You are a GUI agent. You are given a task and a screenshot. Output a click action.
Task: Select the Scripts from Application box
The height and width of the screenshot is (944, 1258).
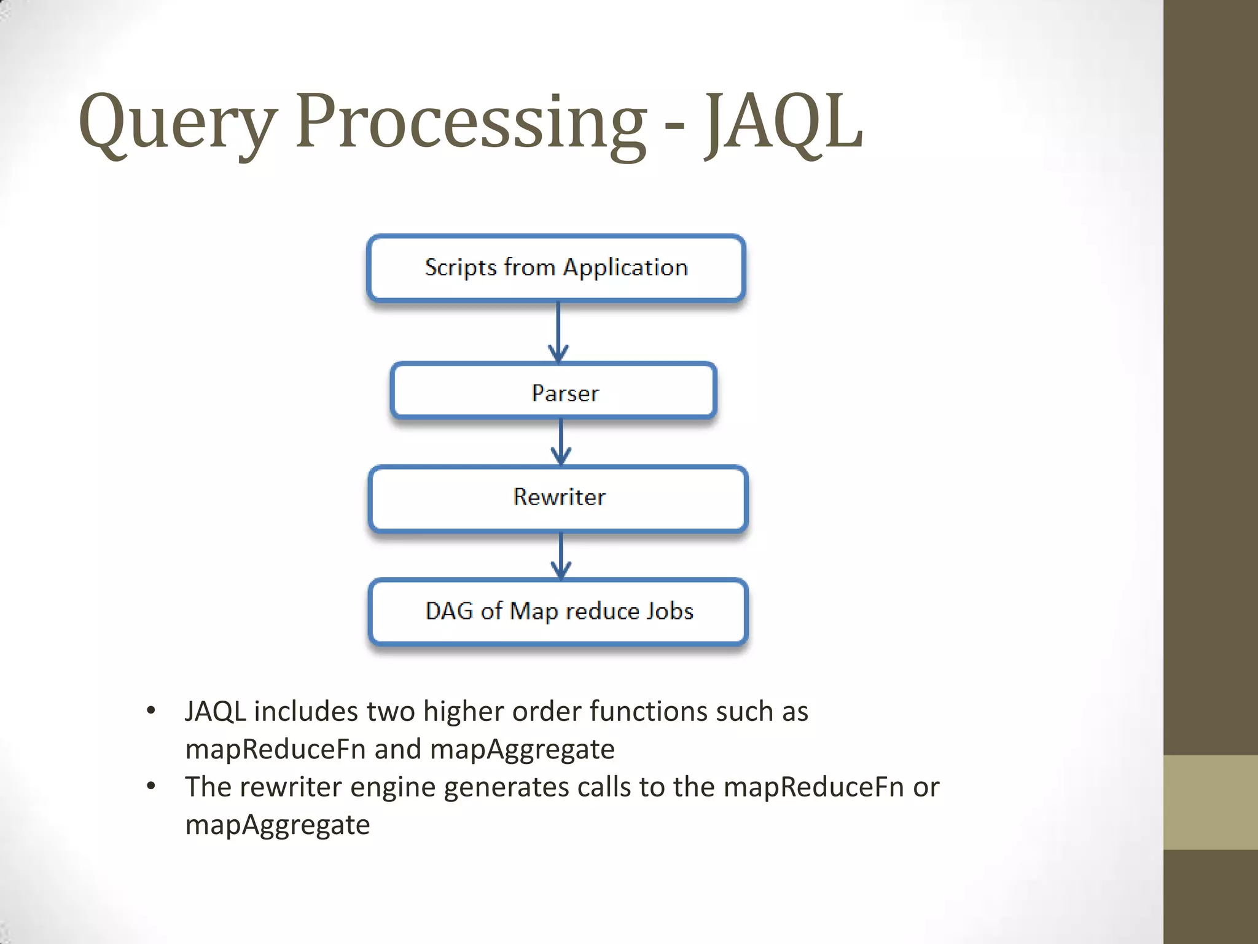[556, 268]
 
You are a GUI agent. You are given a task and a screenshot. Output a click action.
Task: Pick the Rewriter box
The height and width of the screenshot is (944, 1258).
[558, 497]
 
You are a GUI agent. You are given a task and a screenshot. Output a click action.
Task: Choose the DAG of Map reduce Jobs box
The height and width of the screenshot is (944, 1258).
[558, 611]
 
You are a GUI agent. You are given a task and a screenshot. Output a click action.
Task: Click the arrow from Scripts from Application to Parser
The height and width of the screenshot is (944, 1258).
[558, 332]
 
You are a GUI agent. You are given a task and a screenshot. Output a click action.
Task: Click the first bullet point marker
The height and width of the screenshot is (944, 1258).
[151, 711]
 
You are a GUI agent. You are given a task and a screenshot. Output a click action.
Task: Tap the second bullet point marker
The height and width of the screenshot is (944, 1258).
[151, 787]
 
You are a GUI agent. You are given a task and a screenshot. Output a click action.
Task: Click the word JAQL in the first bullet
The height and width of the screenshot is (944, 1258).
[216, 712]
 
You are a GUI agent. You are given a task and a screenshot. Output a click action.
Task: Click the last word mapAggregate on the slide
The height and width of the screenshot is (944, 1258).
[278, 825]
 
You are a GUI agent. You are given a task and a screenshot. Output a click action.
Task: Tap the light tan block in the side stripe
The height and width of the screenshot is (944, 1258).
[1210, 802]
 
